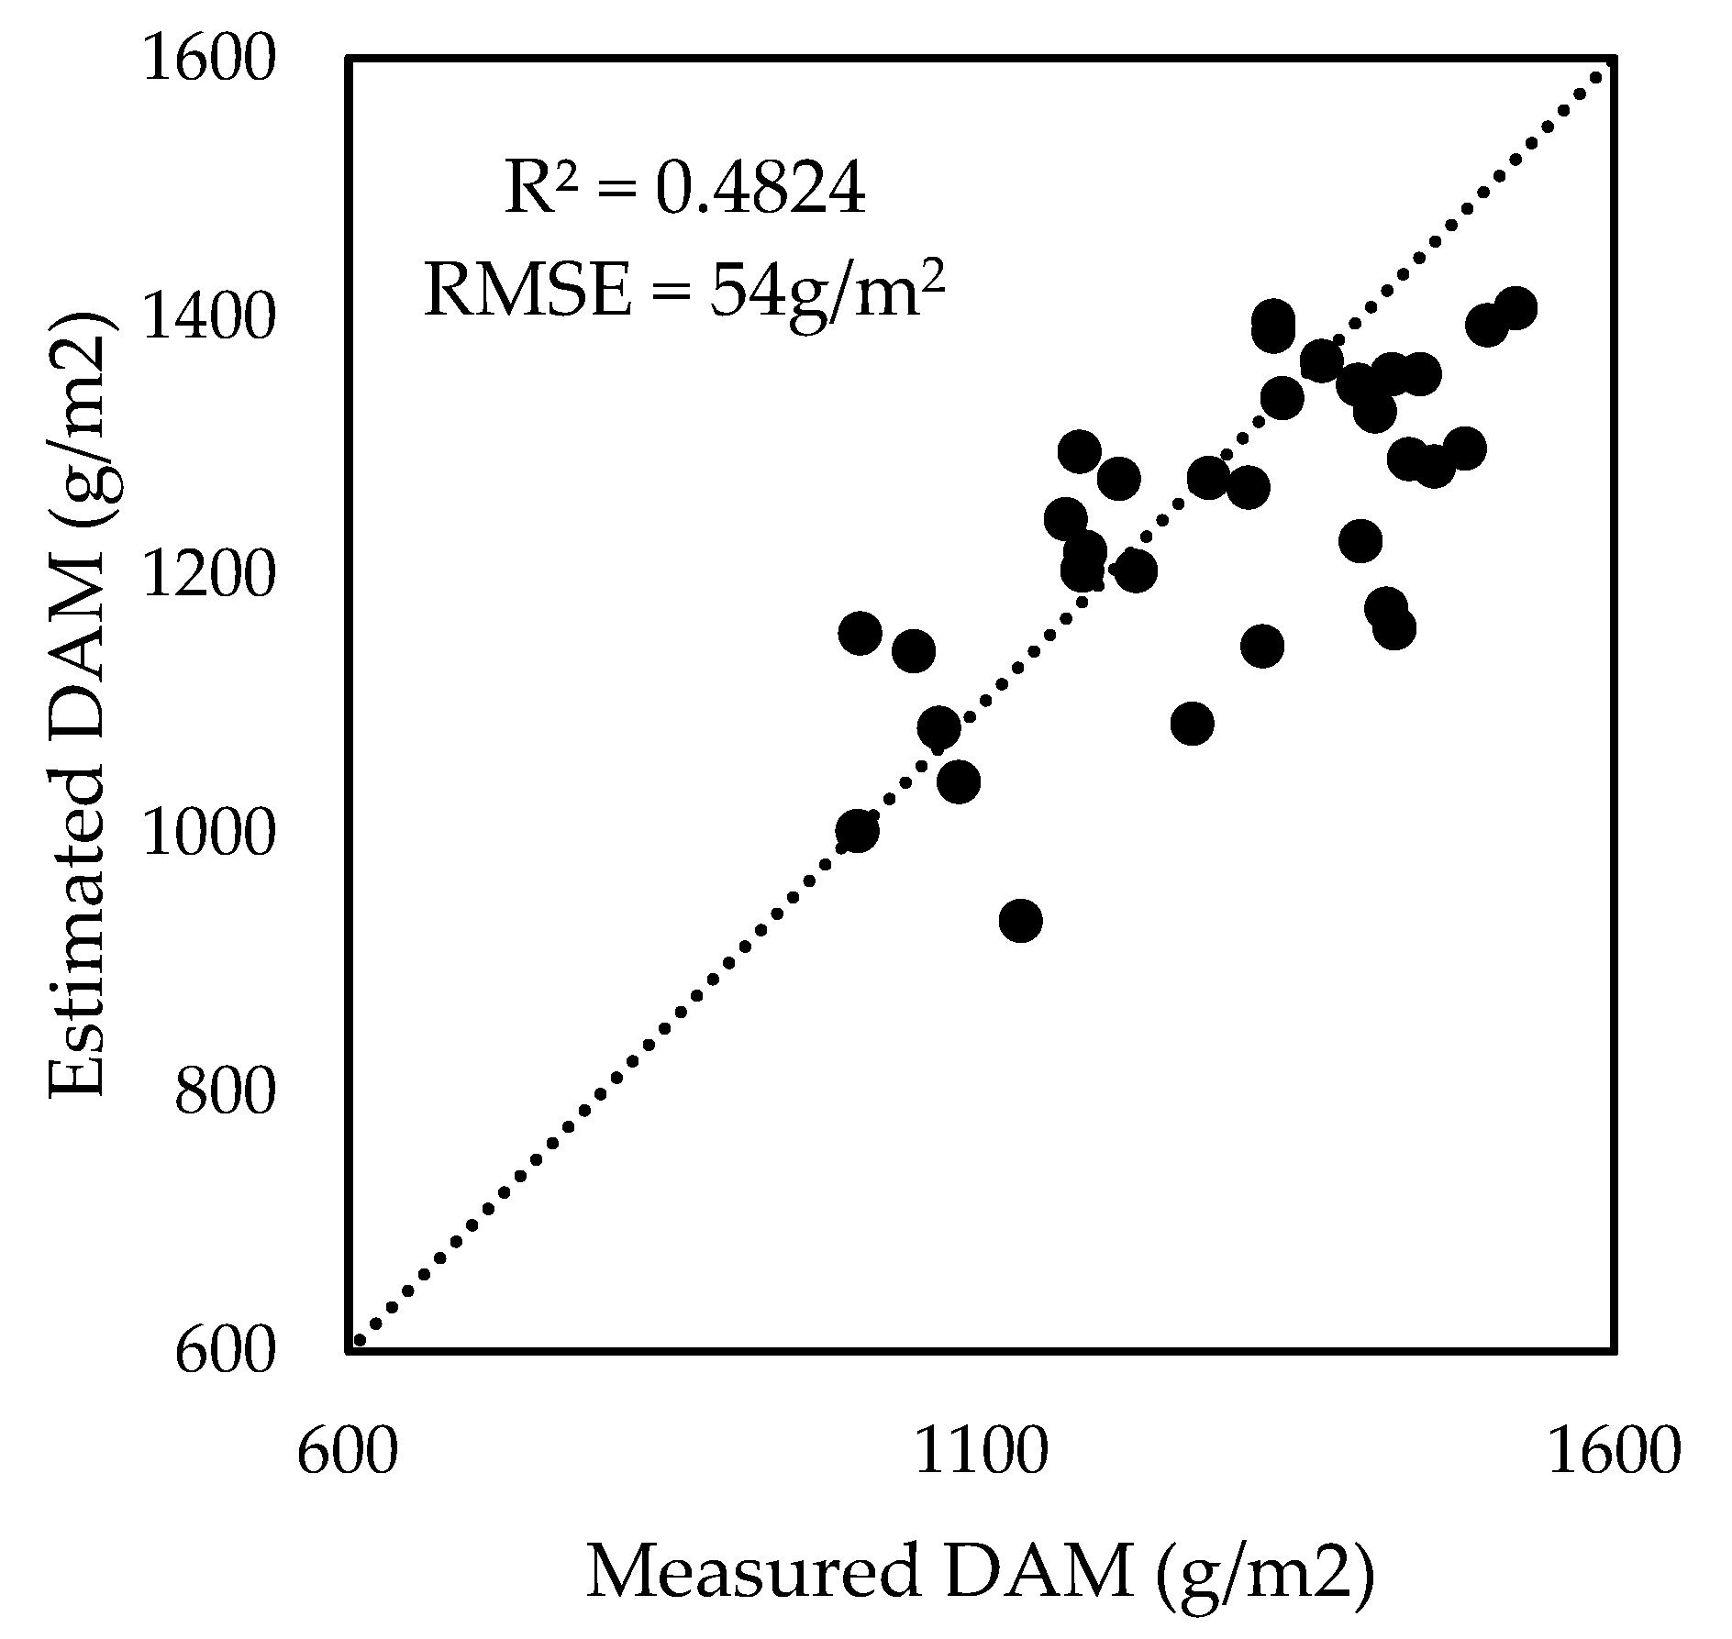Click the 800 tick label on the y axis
click(225, 1091)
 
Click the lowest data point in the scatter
click(1020, 920)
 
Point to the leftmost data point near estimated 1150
click(860, 633)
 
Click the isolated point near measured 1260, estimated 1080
click(1192, 724)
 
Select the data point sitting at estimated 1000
click(857, 830)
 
